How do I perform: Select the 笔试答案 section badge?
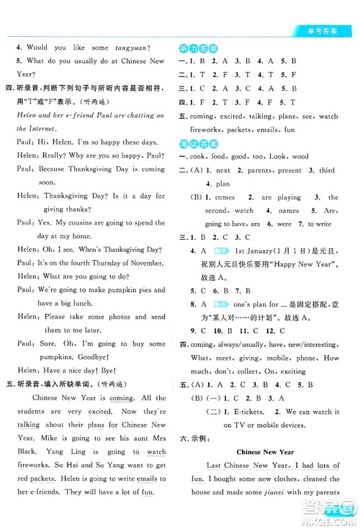203,143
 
